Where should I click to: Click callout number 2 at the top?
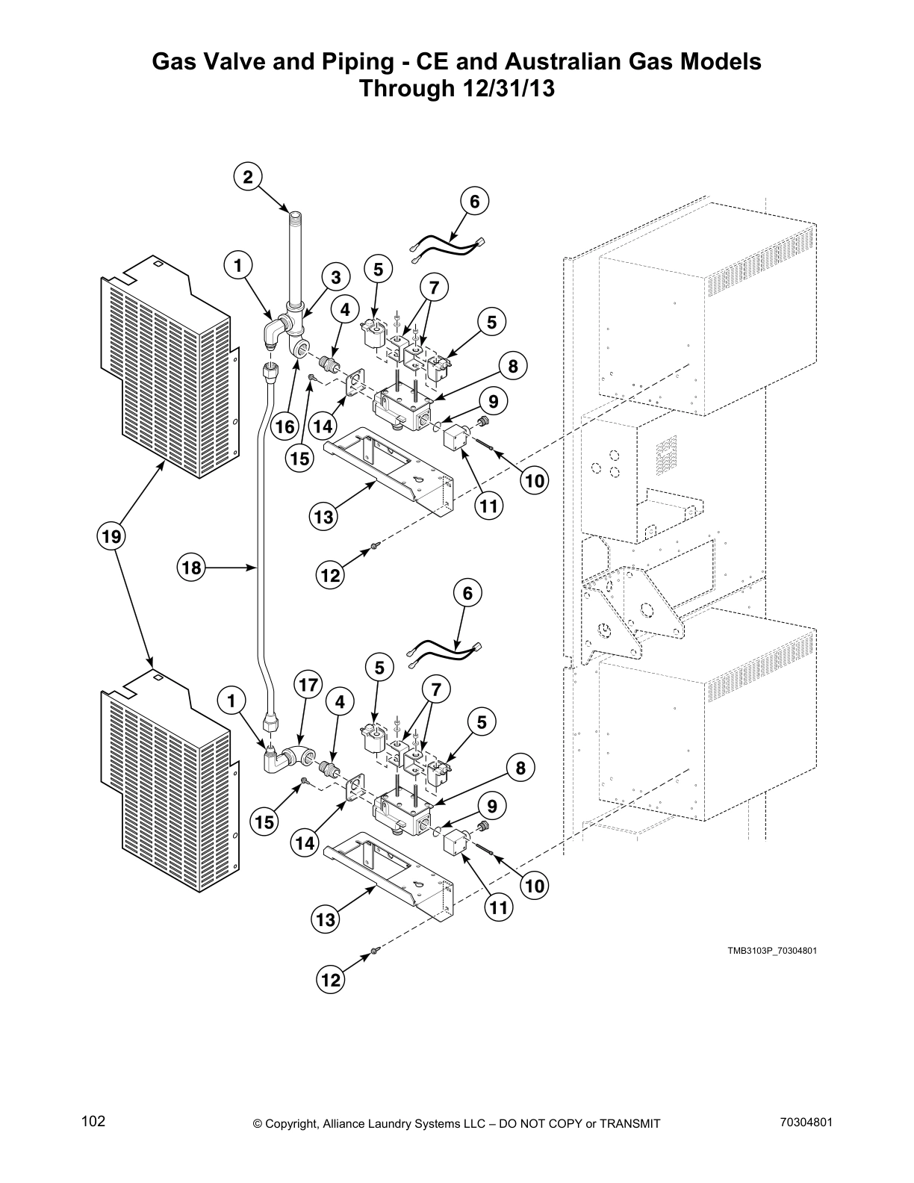coord(248,176)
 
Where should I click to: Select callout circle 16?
coord(285,426)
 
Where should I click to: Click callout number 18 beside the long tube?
coord(192,568)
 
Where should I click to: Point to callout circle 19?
coord(111,536)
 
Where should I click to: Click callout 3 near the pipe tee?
coord(336,277)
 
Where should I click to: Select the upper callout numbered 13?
coord(323,517)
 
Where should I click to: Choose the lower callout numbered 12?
coord(331,980)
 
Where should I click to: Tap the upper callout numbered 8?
coord(512,367)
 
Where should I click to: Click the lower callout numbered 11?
coord(498,907)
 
